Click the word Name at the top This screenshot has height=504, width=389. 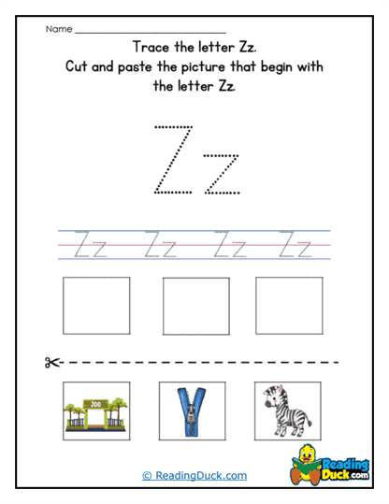58,29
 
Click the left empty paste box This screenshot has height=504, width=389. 96,307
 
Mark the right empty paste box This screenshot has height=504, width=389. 289,307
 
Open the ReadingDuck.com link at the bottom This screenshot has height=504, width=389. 194,475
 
